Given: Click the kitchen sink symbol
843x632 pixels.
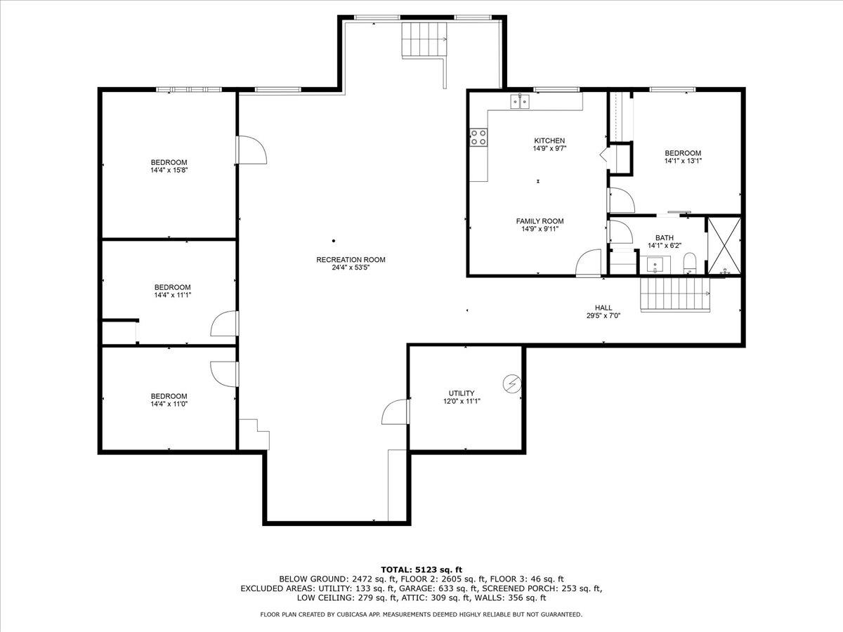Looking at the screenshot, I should coord(521,102).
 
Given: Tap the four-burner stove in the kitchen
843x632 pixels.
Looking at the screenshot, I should coord(479,137).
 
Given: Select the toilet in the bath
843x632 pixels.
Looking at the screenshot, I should coord(689,263).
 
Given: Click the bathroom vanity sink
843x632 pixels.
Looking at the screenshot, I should coord(656,265).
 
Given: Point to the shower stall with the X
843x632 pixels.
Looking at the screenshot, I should coord(724,245).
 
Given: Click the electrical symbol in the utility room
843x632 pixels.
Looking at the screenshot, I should coord(513,383).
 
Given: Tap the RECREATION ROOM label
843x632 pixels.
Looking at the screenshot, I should coord(351,260).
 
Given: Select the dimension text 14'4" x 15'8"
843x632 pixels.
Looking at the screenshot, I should coord(169,170).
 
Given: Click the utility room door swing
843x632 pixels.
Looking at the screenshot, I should coord(396,412).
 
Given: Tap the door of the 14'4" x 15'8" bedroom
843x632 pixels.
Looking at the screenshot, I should coord(251,149).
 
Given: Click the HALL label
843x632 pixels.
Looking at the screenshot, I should coord(603,308).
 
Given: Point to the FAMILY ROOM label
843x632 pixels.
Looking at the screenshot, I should coord(540,221).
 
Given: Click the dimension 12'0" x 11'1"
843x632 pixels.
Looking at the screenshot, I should coord(462,401).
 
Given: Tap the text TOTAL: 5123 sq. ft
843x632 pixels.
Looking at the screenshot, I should coord(421,569).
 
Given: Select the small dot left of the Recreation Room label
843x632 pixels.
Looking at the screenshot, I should coord(334,241).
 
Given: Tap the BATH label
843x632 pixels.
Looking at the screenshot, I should coord(664,238).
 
